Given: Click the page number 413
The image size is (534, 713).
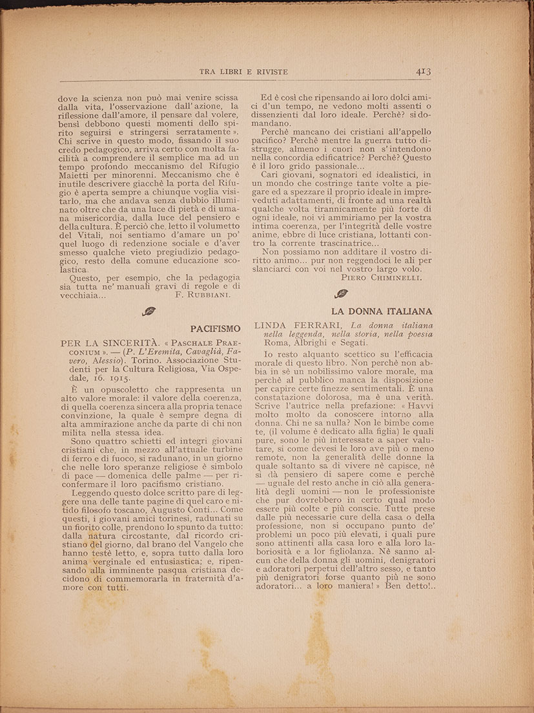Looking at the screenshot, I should (x=423, y=72).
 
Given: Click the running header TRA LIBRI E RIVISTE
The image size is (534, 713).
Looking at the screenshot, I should (x=243, y=72).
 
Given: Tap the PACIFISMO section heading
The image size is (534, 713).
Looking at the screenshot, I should (x=215, y=328).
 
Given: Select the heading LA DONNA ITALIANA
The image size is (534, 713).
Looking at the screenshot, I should (x=391, y=310).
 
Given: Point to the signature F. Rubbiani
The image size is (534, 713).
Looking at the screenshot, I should (x=202, y=294).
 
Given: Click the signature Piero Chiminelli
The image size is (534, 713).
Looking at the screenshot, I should (x=381, y=277).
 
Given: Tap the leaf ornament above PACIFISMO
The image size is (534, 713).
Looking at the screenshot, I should (x=149, y=311).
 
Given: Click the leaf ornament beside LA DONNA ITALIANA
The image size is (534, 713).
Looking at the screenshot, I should (x=341, y=294).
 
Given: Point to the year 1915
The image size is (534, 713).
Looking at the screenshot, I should (x=118, y=378).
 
